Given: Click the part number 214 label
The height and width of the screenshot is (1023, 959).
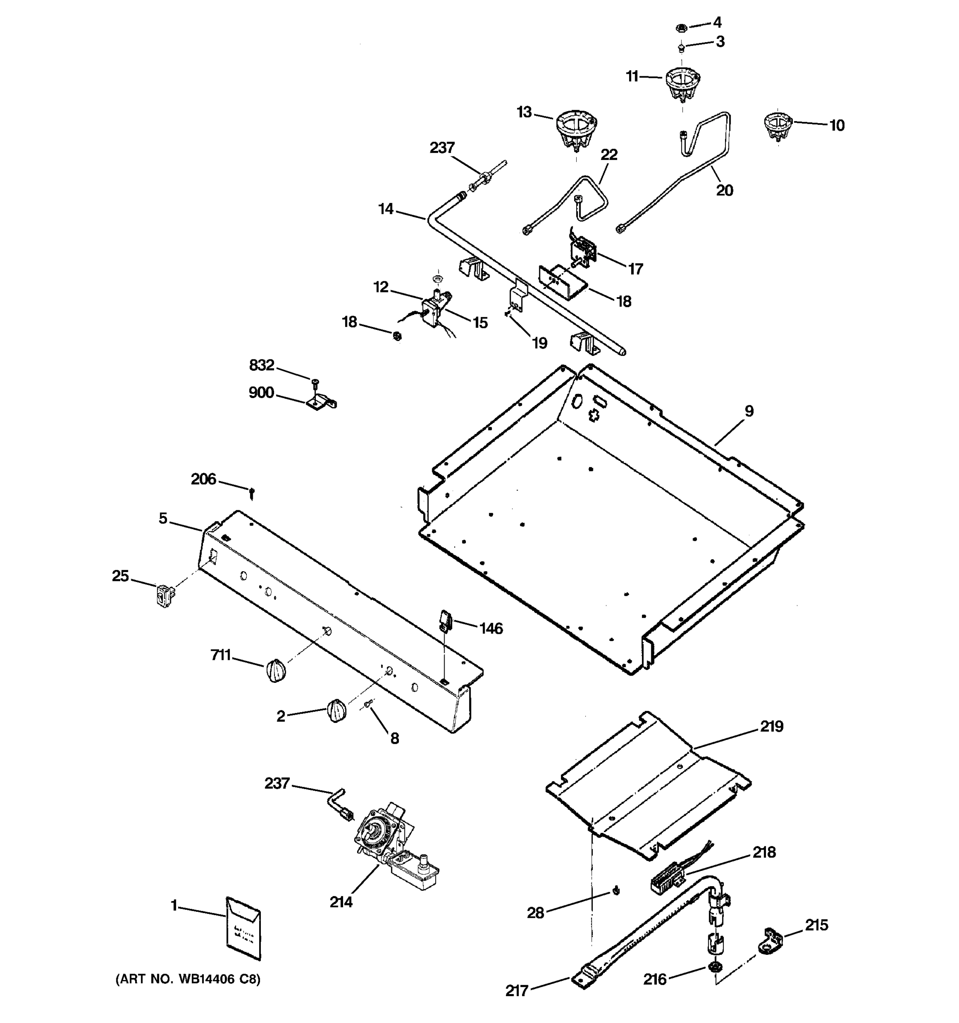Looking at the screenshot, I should coord(341,902).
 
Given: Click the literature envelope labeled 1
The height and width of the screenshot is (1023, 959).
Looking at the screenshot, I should coord(243,928).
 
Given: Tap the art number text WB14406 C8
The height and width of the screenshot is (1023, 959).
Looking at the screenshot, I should coord(188,979).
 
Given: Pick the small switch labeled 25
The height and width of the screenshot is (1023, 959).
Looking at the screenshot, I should coord(164,595).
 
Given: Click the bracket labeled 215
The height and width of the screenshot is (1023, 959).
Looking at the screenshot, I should coord(770,941).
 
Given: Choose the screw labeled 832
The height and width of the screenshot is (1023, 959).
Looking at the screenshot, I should coord(315,382).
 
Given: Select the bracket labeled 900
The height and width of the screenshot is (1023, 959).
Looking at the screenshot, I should coord(321,402).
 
